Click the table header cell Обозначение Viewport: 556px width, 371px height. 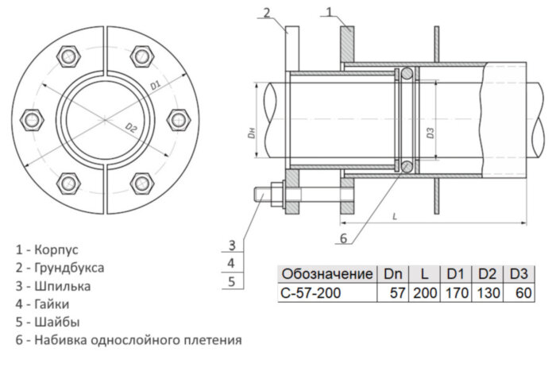point(327,273)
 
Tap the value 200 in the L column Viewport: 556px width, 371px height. point(425,292)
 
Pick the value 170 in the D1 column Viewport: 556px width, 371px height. point(456,292)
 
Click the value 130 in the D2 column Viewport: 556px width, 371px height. point(486,292)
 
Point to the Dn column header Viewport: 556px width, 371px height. point(393,273)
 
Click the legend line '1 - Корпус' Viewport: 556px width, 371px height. point(47,249)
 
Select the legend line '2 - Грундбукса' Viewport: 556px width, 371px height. point(60,268)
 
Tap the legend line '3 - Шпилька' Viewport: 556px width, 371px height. point(52,286)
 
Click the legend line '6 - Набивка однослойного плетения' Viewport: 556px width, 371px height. point(128,340)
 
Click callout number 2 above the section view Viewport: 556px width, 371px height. point(268,11)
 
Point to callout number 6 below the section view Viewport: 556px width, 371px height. point(343,238)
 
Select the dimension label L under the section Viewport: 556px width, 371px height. point(395,215)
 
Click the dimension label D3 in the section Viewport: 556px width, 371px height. point(430,133)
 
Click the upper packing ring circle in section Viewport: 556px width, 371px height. point(406,74)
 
